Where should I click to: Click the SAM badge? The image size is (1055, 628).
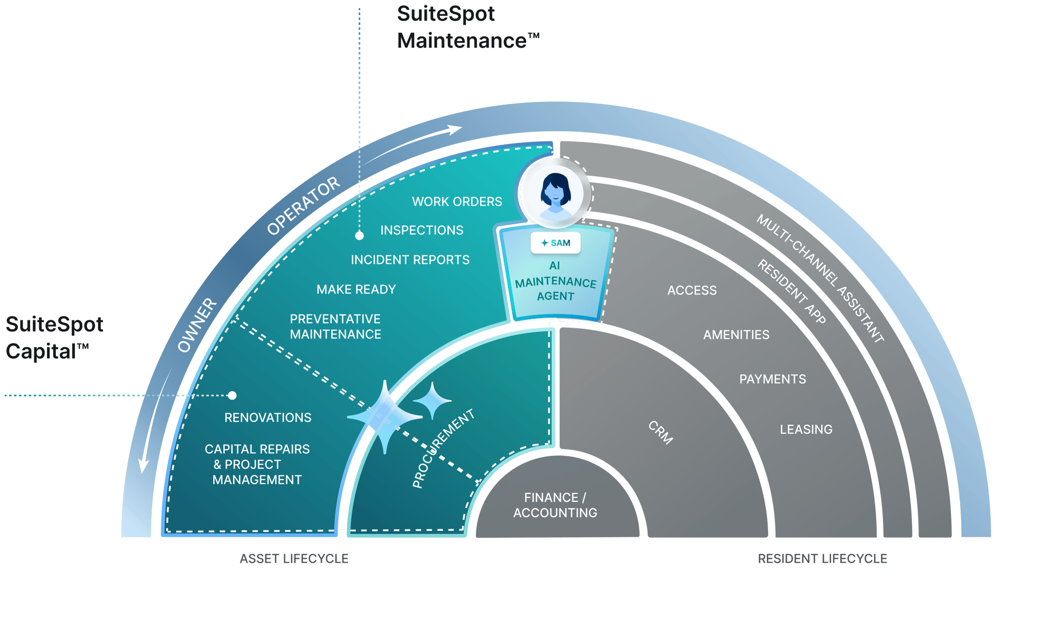pos(555,243)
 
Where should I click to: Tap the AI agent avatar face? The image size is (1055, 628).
pos(555,190)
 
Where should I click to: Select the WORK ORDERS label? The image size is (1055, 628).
pos(457,202)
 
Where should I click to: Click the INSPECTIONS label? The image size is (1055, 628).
pos(422,230)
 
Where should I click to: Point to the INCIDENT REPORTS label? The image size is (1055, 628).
pos(410,260)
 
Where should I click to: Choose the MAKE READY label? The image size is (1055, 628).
pos(356,289)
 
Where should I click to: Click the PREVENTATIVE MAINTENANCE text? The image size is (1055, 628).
pos(335,327)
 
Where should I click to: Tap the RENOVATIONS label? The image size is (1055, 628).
pos(268,417)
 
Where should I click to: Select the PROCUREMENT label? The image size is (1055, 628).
pos(443,449)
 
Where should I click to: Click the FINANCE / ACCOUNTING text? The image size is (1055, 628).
pos(555,505)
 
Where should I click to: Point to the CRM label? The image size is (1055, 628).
pos(660,432)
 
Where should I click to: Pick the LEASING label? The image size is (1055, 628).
pos(806,430)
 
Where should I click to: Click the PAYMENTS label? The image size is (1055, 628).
pos(772,379)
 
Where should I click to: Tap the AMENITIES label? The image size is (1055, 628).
pos(736,335)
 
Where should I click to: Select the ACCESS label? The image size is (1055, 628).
pos(692,290)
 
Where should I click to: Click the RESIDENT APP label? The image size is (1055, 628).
pos(791,291)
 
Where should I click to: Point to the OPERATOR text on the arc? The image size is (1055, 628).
pos(303,206)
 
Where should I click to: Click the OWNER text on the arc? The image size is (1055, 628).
pos(197,325)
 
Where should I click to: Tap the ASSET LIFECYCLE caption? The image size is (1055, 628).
pos(294,558)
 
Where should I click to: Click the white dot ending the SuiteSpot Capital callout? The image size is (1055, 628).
pos(232,395)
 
